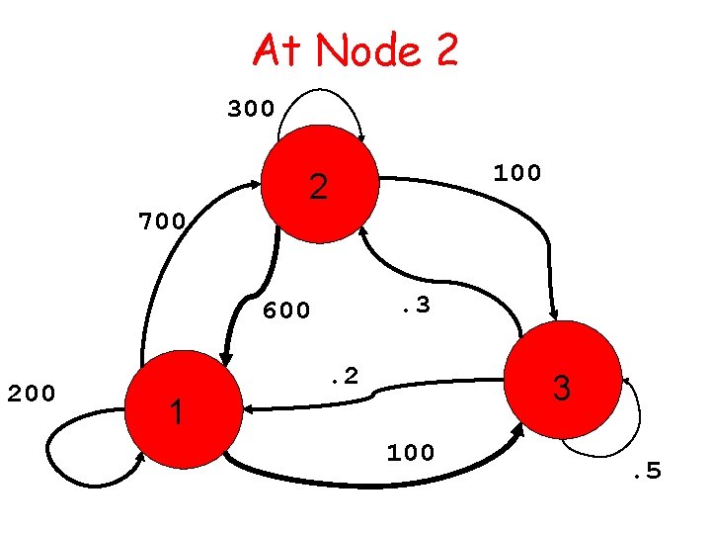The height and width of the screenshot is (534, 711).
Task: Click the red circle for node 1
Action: tap(186, 406)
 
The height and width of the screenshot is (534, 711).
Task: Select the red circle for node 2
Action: tap(320, 184)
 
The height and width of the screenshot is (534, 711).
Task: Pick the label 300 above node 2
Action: tap(251, 109)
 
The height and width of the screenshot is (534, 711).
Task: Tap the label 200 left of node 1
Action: tap(33, 394)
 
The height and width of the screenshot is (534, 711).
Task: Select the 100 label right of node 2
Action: tap(517, 174)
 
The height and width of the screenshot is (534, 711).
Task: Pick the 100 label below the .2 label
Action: tap(410, 453)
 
